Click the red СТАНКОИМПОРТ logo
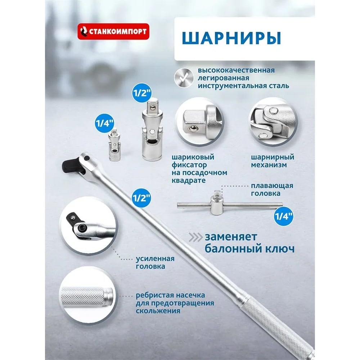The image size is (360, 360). pos(113,31)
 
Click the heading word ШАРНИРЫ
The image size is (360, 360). pos(231,38)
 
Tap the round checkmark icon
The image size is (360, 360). pos(184,78)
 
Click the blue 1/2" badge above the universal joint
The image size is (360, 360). pos(141,93)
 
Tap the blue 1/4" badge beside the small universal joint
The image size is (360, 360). pos(104,123)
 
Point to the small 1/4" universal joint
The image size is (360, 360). pos(114,145)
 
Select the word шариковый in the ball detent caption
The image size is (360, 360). pos(193,157)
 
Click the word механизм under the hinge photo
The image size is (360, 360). pos(269,165)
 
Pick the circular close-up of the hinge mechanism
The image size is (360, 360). pos(273,121)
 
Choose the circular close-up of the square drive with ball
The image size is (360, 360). pos(199,121)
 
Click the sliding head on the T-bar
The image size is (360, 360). pos(216,202)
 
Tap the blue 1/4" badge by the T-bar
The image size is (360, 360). pos(284,216)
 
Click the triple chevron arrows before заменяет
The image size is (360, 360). pos(195,237)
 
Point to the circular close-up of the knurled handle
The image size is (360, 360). pos(88,296)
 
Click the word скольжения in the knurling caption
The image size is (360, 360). pos(158,311)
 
